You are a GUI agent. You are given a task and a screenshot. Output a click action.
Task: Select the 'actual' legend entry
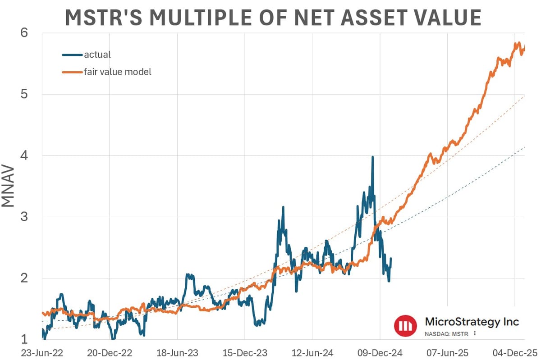click(x=97, y=55)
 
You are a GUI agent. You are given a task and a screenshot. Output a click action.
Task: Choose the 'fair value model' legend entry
click(x=117, y=71)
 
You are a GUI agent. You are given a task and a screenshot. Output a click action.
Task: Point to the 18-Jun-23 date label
click(x=177, y=352)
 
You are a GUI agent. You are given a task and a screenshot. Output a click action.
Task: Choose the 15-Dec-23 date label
click(x=245, y=352)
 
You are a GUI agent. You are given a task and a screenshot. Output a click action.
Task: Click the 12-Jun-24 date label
click(x=312, y=352)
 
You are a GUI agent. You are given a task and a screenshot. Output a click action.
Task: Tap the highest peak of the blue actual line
click(x=372, y=157)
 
